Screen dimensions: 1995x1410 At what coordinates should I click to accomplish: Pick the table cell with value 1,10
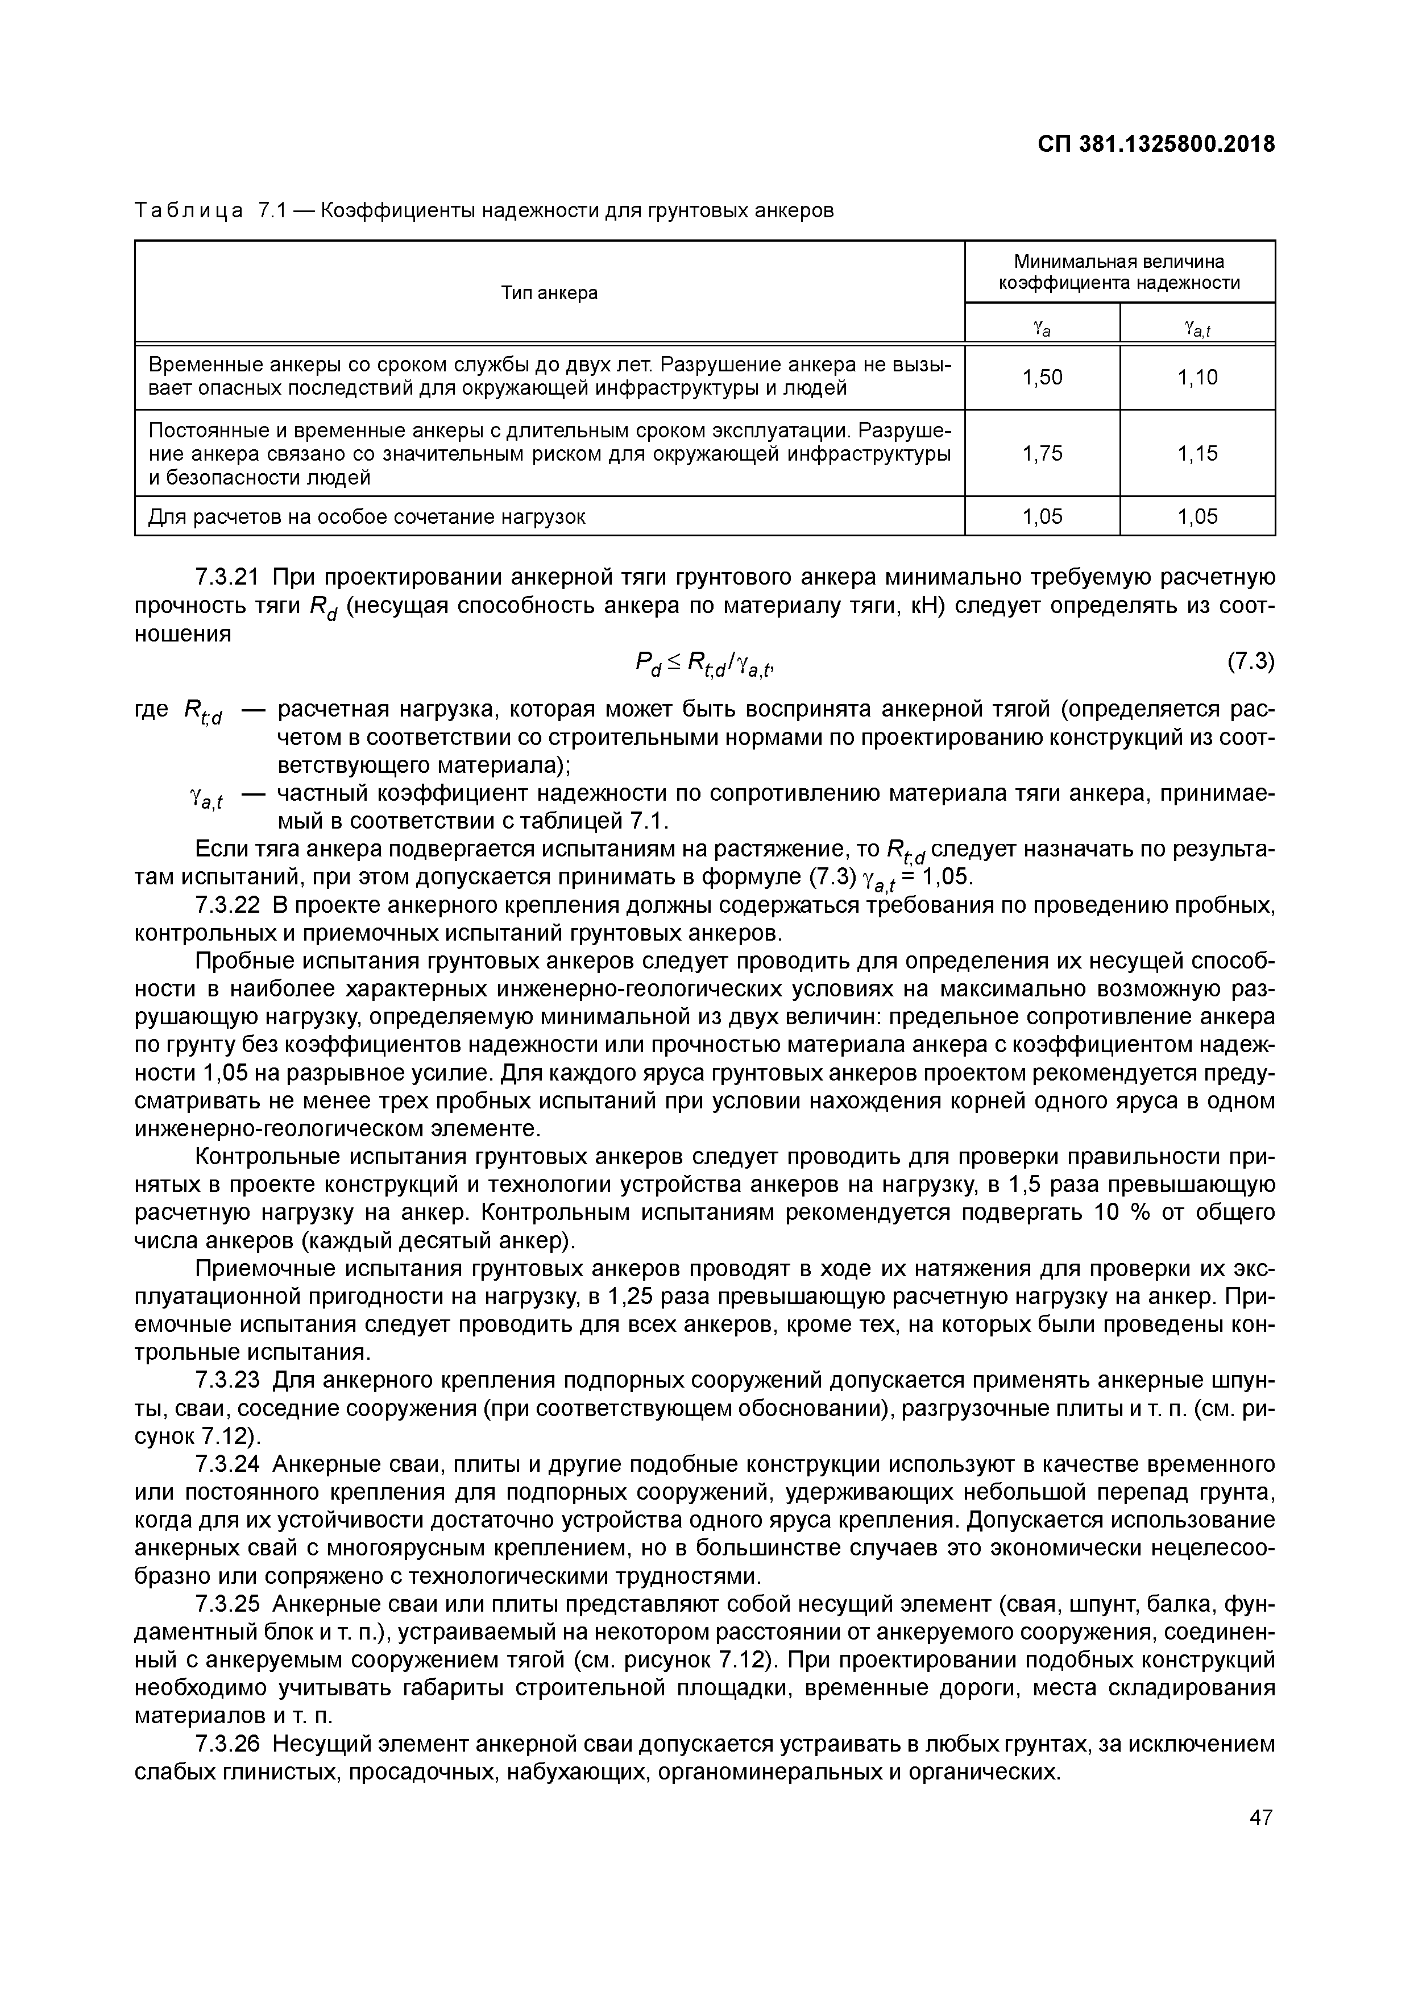(1197, 377)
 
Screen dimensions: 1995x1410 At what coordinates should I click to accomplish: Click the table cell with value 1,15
(1197, 454)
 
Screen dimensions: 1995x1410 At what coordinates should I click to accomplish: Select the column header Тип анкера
(549, 293)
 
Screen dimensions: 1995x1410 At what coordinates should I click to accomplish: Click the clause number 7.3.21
(229, 578)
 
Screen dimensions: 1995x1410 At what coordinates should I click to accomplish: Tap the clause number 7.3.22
(229, 905)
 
